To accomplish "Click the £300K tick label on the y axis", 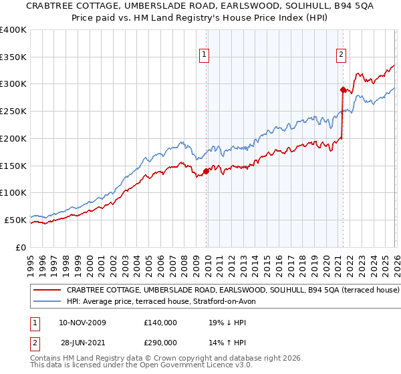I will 13,84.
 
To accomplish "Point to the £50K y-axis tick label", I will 15,220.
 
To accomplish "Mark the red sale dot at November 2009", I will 206,171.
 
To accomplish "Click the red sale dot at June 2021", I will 343,89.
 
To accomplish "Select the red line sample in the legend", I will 47,291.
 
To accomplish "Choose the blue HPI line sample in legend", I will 47,301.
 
